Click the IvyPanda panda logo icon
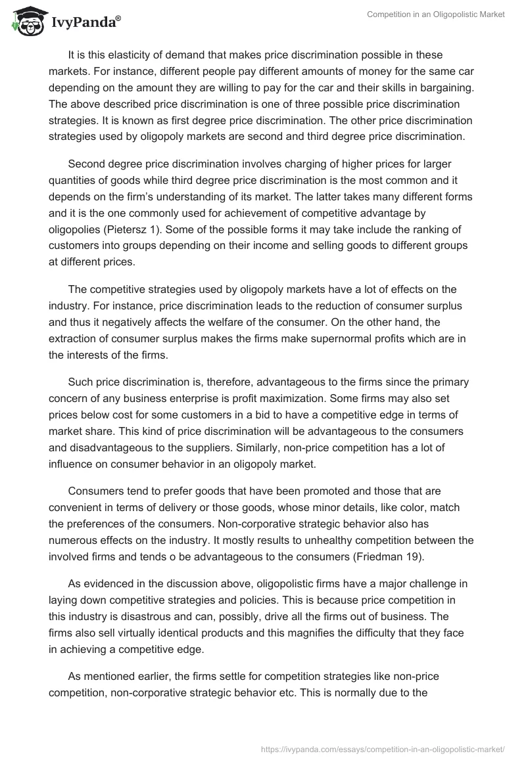click(26, 22)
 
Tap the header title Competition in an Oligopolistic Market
click(435, 14)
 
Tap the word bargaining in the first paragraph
click(442, 88)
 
